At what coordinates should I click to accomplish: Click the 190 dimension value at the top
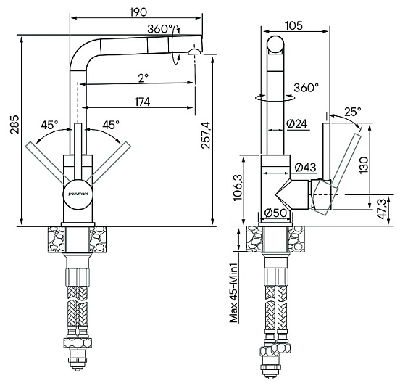138,12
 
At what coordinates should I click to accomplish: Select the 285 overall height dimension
14,124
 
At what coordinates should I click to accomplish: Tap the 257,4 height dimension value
206,135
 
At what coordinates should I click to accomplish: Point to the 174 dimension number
142,102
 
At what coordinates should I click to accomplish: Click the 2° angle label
143,78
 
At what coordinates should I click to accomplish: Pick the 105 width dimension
293,25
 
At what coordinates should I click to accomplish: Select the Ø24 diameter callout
297,123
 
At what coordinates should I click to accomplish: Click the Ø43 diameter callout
306,168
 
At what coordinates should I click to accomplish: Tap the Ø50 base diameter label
275,213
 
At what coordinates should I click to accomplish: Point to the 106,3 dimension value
238,188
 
